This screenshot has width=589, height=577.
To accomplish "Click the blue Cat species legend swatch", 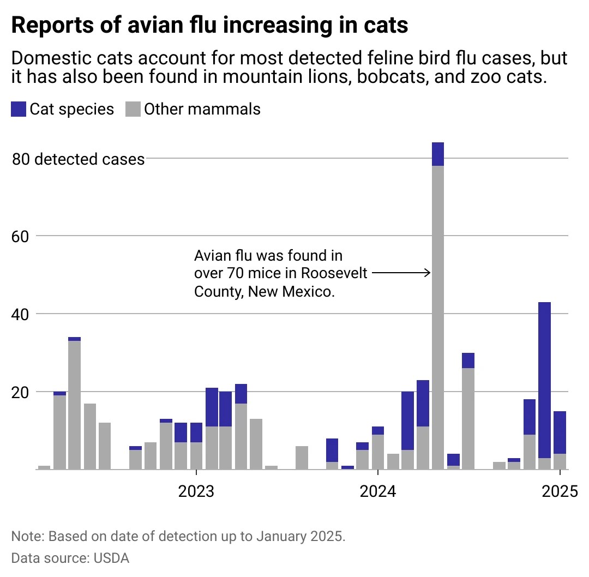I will click(19, 109).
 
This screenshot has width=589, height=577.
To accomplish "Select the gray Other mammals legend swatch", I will click(133, 109).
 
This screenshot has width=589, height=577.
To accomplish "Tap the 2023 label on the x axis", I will click(196, 492).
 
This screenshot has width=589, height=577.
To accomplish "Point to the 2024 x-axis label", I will click(378, 492).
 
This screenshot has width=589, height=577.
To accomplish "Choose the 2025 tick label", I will click(560, 492).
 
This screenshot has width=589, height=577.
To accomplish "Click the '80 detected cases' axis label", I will click(79, 159).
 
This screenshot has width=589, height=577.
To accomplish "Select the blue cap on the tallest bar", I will click(438, 154).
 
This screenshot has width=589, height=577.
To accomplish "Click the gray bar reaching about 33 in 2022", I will click(75, 404).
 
